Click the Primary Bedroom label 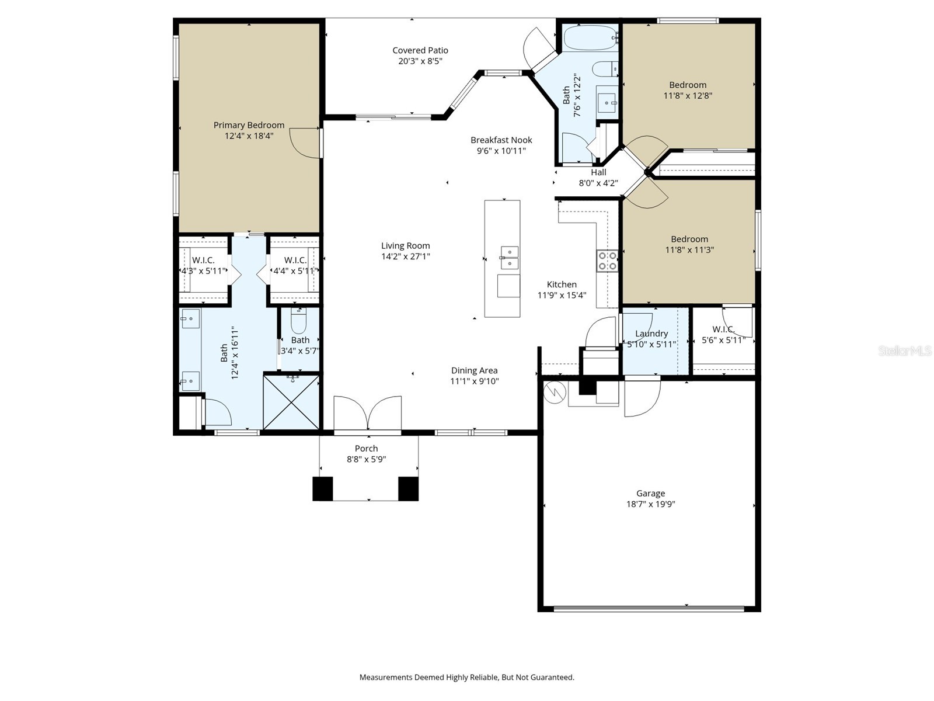coord(249,125)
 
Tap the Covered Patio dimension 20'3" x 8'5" coord(420,61)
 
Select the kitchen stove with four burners coord(607,261)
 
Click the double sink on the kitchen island coord(509,258)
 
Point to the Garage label coord(650,494)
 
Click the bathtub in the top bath coord(590,39)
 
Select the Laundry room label coord(651,334)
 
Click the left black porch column coord(322,489)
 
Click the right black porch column coord(408,489)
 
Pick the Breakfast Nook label coord(501,140)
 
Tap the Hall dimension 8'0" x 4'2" coord(598,183)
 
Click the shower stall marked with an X coord(291,402)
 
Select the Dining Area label coord(474,370)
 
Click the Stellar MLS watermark coord(904,350)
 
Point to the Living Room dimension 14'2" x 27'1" coord(405,256)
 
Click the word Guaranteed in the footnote coord(551,678)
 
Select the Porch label coord(366,449)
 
